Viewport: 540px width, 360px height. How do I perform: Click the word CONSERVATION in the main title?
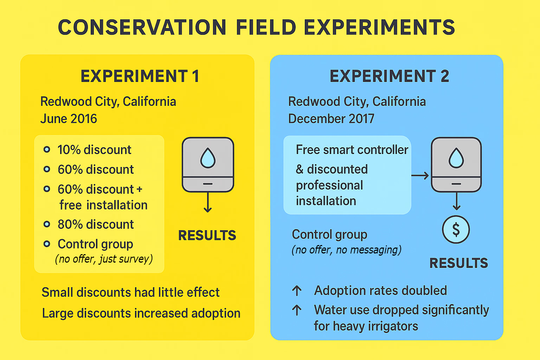(x=142, y=27)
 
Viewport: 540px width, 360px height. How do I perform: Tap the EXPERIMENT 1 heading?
(x=140, y=76)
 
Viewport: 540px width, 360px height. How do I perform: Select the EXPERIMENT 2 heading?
(x=389, y=76)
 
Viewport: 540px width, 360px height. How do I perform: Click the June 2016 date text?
(x=69, y=119)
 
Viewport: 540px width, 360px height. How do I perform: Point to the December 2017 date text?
(x=331, y=119)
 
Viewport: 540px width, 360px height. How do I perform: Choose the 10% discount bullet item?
(x=94, y=150)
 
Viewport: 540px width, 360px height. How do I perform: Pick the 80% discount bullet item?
(x=96, y=224)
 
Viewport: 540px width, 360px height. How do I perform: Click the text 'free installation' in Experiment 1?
(x=103, y=205)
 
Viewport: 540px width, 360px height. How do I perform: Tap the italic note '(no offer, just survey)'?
(x=104, y=259)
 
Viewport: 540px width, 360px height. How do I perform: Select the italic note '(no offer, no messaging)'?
(x=346, y=250)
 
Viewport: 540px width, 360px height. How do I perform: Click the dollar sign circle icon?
(x=456, y=230)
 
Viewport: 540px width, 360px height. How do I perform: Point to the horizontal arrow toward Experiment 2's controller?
(x=420, y=175)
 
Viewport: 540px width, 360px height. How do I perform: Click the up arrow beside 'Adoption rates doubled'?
(x=297, y=290)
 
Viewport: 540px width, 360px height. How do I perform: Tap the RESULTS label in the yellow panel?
(x=207, y=236)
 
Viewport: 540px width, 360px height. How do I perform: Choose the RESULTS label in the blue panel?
(x=458, y=263)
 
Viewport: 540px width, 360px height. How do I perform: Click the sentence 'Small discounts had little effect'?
(x=130, y=292)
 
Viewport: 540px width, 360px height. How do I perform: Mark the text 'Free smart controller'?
(x=352, y=150)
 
